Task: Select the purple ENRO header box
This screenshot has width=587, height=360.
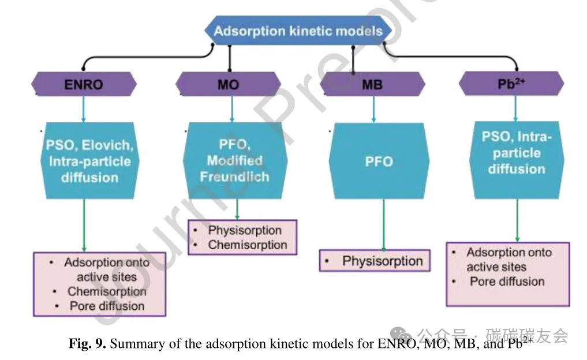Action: click(x=84, y=85)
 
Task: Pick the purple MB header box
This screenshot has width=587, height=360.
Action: click(x=372, y=85)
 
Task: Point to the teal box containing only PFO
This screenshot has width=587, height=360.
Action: click(x=379, y=162)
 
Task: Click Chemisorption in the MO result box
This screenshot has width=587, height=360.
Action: click(x=248, y=245)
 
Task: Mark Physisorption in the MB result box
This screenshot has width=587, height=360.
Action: click(x=382, y=261)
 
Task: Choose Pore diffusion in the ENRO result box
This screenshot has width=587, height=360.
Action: click(x=107, y=306)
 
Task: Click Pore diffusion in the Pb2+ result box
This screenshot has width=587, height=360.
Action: click(x=507, y=282)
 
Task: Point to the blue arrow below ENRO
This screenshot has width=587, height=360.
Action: click(x=84, y=108)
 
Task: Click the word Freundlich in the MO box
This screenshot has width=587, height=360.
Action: click(x=234, y=177)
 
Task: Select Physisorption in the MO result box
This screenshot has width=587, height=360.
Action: click(x=245, y=230)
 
